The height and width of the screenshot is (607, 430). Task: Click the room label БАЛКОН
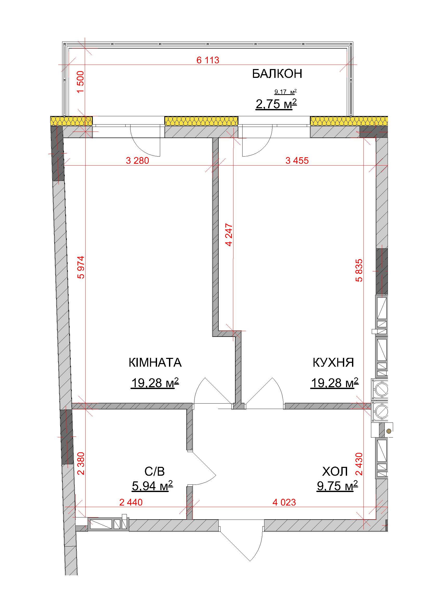click(277, 74)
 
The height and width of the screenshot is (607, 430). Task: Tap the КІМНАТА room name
click(155, 363)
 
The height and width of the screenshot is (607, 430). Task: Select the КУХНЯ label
click(333, 363)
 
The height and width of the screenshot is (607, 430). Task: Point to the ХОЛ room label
click(335, 471)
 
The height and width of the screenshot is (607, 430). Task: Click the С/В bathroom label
click(155, 471)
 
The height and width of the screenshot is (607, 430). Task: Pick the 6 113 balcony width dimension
click(208, 60)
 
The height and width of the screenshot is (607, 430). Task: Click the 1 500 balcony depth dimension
click(80, 82)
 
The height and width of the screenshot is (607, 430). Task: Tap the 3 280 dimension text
click(138, 160)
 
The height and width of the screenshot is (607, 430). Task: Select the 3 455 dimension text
click(297, 160)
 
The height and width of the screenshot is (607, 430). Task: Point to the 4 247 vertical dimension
click(229, 235)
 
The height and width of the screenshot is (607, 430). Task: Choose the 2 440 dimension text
click(131, 502)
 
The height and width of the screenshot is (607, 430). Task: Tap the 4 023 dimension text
click(284, 502)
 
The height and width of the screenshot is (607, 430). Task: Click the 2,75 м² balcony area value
click(276, 104)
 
